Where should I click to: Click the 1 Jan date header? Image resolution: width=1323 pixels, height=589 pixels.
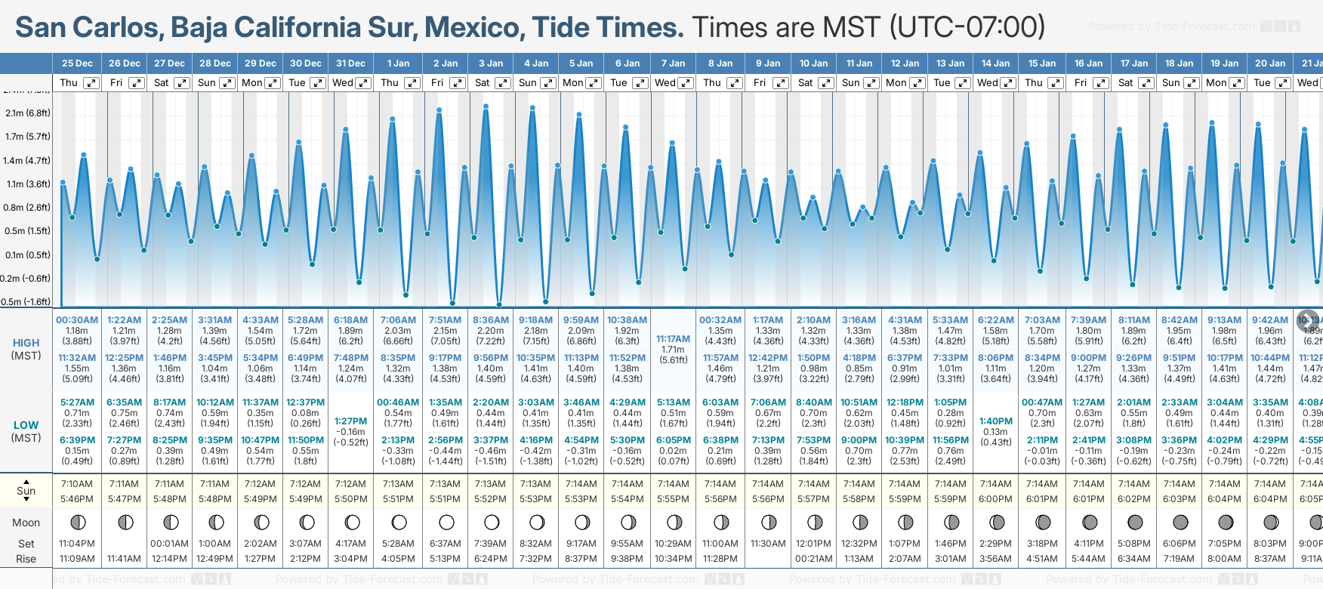398,63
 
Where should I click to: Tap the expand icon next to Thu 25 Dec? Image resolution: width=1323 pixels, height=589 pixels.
91,83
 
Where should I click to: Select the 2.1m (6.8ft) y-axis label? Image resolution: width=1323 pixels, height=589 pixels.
28,113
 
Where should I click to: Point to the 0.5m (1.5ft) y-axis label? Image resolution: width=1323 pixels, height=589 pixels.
28,231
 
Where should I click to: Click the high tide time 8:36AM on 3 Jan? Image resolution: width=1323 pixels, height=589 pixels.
491,320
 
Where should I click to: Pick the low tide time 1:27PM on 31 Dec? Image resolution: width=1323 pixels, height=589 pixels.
350,421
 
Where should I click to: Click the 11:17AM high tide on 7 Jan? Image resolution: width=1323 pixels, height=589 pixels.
673,339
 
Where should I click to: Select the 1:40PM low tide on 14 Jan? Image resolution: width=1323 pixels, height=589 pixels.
995,421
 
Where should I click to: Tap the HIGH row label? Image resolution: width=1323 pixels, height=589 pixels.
26,343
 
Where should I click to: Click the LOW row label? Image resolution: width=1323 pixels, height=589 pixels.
26,425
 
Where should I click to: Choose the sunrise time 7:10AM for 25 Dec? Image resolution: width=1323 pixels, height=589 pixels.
77,484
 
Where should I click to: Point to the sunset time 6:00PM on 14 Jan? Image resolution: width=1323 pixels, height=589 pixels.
995,499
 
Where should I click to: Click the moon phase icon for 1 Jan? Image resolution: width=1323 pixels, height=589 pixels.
399,523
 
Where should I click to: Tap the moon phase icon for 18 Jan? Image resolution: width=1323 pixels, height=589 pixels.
1180,523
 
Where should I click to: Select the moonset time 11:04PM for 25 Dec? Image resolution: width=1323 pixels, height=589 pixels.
77,544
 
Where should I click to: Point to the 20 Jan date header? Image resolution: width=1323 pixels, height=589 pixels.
1270,63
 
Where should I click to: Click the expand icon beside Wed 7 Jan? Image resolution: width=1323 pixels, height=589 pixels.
686,83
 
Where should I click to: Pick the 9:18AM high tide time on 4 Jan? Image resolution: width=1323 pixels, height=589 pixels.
535,320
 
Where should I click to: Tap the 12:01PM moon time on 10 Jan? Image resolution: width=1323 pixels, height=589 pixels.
813,544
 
